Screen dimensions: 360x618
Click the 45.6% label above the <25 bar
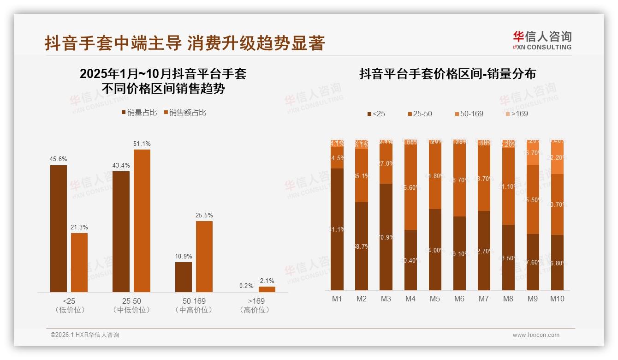point(58,159)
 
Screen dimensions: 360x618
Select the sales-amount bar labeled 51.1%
point(142,221)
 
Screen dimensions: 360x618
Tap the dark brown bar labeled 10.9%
point(184,277)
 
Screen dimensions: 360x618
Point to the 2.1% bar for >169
point(267,289)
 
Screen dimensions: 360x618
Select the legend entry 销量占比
point(139,113)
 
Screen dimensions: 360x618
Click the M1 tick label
point(337,299)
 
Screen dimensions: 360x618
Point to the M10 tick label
point(557,299)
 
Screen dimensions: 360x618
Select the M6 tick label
point(459,299)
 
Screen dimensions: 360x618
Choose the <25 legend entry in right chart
point(376,114)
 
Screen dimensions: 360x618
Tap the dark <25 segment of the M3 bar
point(386,237)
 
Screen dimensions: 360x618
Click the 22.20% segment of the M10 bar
point(557,157)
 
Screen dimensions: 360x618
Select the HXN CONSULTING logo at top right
point(542,40)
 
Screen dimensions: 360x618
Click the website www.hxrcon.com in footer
point(536,335)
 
